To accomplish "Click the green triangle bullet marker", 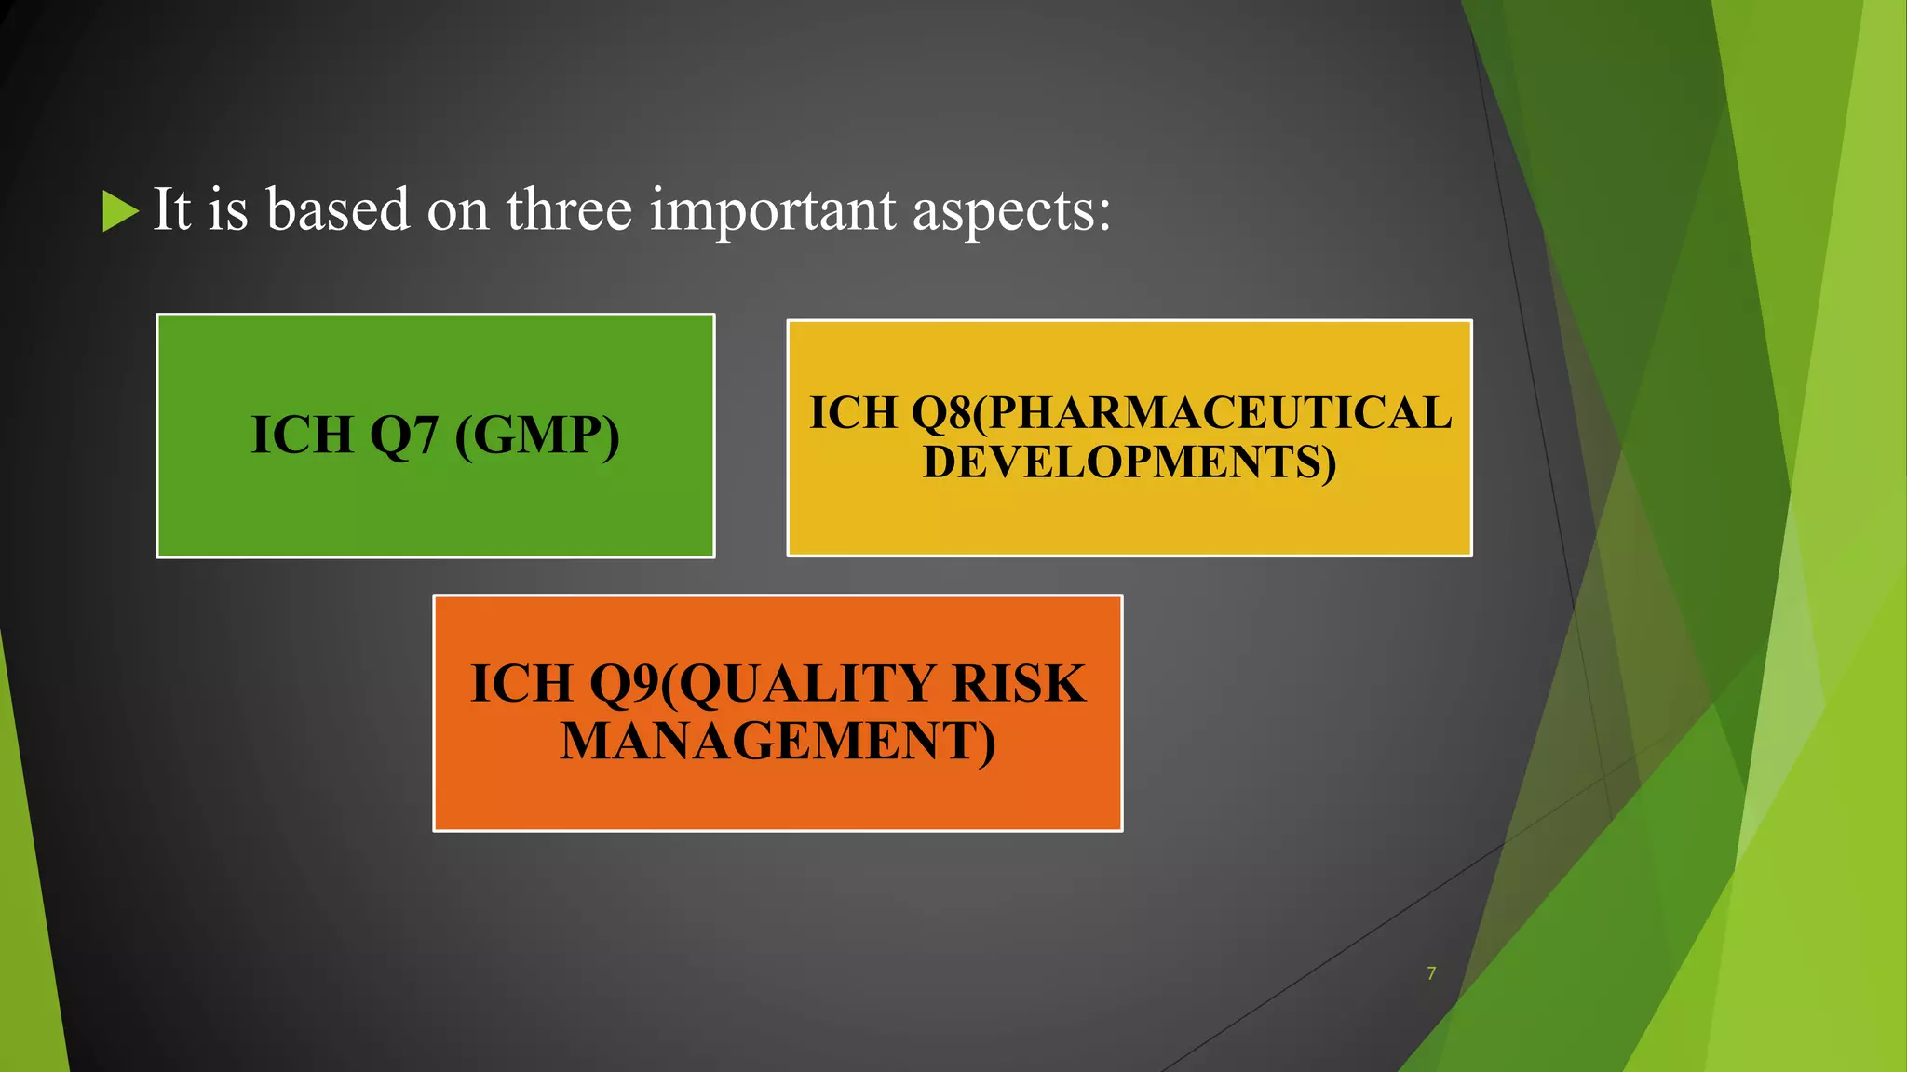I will click(118, 211).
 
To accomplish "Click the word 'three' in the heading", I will click(569, 209).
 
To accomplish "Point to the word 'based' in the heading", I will click(338, 209).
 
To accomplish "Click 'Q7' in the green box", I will click(404, 435).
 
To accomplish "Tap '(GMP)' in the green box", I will click(537, 435).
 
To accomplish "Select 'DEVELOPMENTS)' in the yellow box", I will click(1129, 462).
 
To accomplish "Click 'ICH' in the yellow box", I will click(853, 413).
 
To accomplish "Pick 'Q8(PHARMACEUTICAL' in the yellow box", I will click(1181, 413).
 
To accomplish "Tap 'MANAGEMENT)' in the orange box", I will click(778, 742).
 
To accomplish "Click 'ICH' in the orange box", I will click(521, 684).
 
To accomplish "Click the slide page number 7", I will click(1431, 973).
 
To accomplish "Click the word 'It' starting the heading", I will click(172, 209).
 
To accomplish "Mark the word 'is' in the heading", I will click(228, 209).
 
